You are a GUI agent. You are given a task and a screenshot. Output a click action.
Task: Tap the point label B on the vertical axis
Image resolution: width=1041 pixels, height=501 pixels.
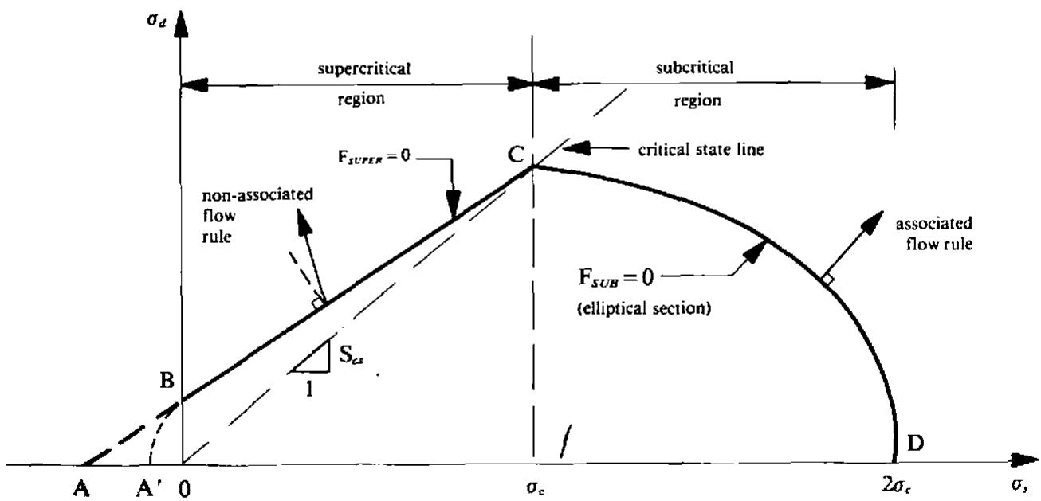tap(167, 381)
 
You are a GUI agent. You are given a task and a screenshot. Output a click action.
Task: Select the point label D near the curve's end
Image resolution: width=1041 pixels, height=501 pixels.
tap(916, 444)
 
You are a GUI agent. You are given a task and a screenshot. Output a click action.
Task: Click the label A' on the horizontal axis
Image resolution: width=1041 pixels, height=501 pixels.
tap(149, 487)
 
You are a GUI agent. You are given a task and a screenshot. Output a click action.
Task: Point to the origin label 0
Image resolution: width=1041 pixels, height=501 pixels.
tap(184, 489)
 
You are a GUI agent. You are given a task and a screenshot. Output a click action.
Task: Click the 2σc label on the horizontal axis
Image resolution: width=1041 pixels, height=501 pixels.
tap(897, 486)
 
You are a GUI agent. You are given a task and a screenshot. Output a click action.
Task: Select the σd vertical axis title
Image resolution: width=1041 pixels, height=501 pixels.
tap(156, 22)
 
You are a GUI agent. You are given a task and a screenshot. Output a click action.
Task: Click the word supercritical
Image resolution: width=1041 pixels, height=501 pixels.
tap(364, 69)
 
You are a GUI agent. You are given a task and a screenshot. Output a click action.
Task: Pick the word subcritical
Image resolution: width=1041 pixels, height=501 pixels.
tap(695, 68)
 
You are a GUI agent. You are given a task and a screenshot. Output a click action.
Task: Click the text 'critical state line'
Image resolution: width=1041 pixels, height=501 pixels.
tap(701, 150)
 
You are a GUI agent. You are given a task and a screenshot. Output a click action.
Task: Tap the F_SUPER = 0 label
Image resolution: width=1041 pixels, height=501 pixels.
tap(374, 156)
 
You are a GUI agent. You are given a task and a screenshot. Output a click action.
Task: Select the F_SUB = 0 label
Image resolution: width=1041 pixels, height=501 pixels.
tap(616, 278)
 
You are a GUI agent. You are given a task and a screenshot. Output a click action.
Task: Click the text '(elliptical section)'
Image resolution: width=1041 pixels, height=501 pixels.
tap(644, 308)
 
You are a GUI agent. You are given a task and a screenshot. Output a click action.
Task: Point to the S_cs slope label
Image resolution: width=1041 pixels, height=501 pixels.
tap(351, 356)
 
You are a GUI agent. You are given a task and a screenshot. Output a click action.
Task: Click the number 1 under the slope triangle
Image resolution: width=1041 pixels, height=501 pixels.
tap(309, 389)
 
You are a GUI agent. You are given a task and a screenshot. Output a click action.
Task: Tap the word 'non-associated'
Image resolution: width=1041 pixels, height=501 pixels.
tap(257, 194)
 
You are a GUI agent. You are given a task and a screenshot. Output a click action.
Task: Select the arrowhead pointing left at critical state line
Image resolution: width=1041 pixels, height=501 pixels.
tap(576, 148)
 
